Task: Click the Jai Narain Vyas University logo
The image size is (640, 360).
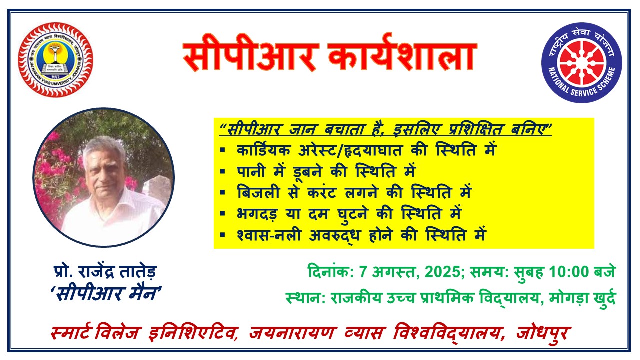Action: click(55, 60)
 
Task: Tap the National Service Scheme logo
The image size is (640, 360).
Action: click(582, 63)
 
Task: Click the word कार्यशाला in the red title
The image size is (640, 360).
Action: click(402, 54)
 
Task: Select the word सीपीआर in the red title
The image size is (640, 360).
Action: click(251, 55)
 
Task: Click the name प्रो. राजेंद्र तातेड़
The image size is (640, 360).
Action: click(105, 272)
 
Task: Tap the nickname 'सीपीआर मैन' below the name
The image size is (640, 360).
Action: click(106, 293)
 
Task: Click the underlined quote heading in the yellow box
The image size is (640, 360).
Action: click(385, 129)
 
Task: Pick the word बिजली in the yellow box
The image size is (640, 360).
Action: click(258, 192)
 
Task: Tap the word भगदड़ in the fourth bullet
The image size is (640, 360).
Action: click(257, 214)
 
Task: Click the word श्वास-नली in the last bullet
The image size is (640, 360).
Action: click(269, 235)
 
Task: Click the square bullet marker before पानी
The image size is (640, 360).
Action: click(223, 171)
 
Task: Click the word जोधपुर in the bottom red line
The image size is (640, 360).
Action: click(543, 333)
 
